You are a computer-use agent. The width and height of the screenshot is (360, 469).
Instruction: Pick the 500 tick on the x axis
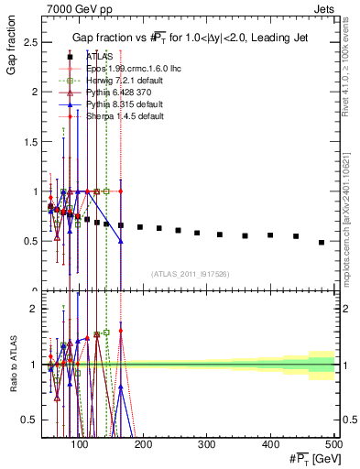click(335, 445)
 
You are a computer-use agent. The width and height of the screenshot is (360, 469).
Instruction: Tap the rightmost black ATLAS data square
click(322, 242)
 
